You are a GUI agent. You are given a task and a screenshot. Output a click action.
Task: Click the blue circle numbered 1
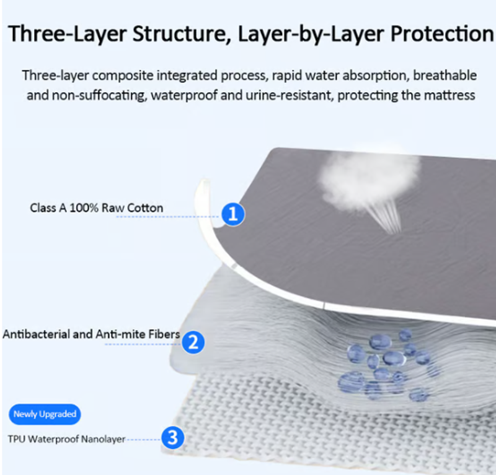pyautogui.click(x=233, y=214)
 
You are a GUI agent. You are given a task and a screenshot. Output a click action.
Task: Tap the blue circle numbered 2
pyautogui.click(x=193, y=342)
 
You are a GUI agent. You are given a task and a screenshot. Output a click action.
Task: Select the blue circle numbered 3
pyautogui.click(x=173, y=438)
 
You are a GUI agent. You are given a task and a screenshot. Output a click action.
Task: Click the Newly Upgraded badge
pyautogui.click(x=45, y=414)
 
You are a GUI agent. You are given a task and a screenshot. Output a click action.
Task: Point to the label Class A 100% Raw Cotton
pyautogui.click(x=97, y=208)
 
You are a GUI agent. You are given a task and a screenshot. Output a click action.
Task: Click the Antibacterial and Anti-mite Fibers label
pyautogui.click(x=91, y=334)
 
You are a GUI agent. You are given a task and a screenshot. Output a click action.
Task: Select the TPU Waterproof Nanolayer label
pyautogui.click(x=66, y=439)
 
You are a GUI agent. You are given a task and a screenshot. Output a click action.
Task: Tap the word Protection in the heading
pyautogui.click(x=442, y=34)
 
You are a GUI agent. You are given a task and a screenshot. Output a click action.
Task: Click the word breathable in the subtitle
pyautogui.click(x=445, y=75)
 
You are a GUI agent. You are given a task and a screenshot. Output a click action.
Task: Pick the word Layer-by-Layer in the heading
pyautogui.click(x=311, y=34)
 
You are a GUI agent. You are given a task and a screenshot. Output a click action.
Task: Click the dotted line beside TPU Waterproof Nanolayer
pyautogui.click(x=143, y=439)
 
